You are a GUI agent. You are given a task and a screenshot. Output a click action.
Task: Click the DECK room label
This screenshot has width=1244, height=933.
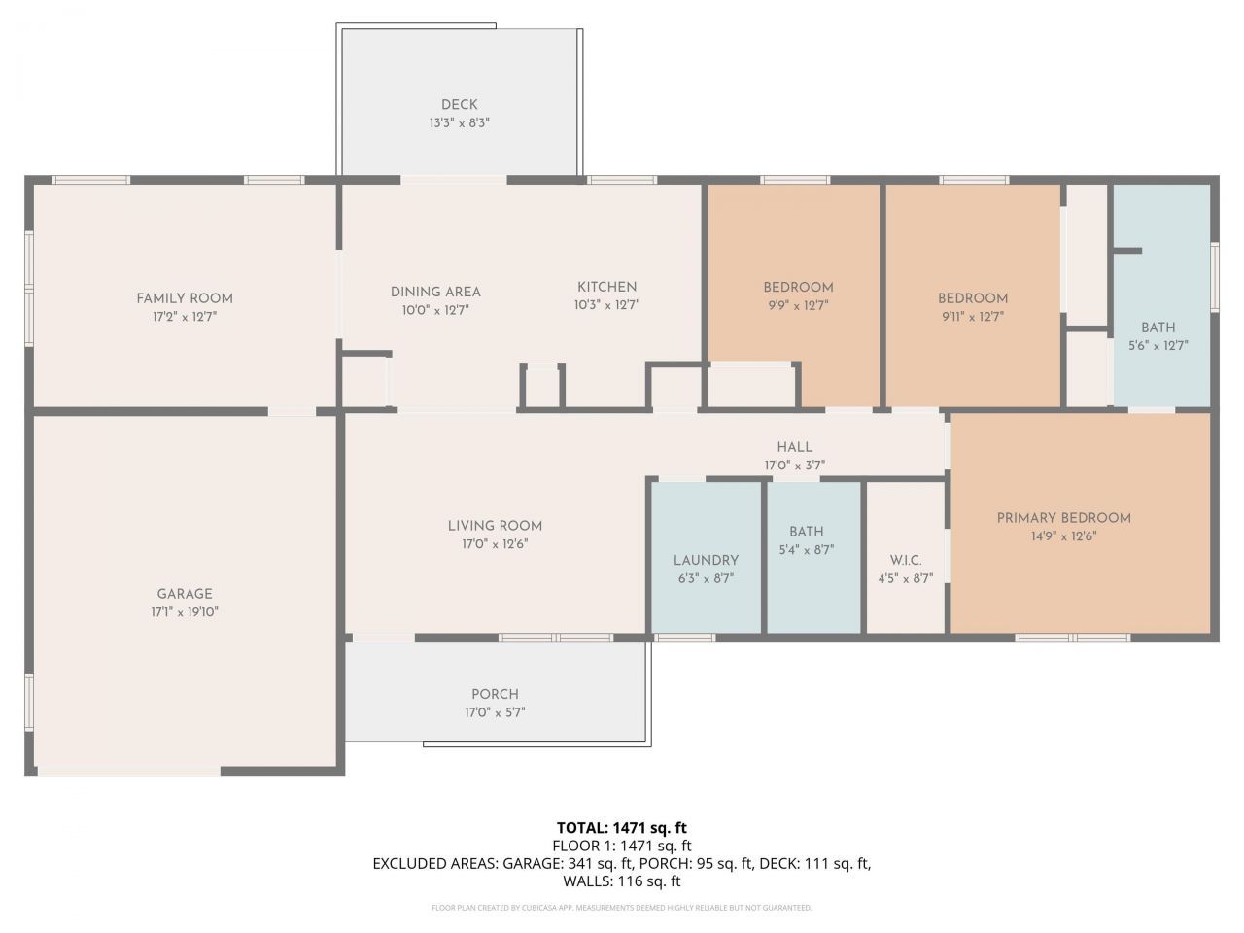tap(459, 105)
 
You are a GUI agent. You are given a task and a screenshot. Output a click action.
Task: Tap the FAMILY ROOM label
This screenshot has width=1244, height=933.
tap(185, 298)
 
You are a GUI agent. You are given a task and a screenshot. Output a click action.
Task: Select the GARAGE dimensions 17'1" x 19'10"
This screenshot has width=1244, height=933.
tap(185, 612)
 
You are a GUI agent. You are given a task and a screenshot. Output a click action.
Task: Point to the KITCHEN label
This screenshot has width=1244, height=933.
tap(607, 287)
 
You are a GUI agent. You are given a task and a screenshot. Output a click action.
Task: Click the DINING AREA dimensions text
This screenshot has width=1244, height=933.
tap(435, 310)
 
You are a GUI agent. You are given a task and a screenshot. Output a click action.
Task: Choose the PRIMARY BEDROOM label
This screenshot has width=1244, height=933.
tap(1064, 518)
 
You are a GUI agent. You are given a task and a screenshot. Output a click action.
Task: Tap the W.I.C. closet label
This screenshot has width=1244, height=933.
tap(906, 561)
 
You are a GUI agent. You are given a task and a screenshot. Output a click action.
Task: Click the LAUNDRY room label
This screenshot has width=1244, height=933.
tap(707, 560)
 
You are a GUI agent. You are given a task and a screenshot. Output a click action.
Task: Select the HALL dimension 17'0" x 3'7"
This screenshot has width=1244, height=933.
tap(795, 466)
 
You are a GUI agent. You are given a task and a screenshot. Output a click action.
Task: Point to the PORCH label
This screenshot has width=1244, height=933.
tap(495, 695)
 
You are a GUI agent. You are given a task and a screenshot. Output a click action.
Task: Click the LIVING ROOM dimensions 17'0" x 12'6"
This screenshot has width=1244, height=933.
tap(495, 544)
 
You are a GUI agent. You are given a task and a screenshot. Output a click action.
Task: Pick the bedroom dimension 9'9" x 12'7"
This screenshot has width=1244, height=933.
tap(798, 306)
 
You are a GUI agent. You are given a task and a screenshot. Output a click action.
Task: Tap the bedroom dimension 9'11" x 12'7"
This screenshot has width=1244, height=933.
tap(973, 317)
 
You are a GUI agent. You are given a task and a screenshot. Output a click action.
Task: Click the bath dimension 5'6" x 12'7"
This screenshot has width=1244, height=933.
tap(1158, 346)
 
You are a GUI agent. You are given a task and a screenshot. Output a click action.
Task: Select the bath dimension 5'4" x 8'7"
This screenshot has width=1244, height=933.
tap(807, 550)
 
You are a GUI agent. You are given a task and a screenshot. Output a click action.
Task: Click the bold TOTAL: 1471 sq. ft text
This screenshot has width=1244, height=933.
tap(622, 828)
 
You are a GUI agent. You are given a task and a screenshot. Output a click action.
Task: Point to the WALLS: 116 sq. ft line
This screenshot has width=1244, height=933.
tap(622, 881)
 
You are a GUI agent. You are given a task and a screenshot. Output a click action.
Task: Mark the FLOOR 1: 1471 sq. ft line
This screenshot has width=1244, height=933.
tap(622, 846)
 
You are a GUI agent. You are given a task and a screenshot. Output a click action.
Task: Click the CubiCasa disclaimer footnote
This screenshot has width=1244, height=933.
tap(622, 908)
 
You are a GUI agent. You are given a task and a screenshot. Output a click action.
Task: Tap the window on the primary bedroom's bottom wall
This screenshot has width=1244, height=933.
tap(1072, 638)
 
